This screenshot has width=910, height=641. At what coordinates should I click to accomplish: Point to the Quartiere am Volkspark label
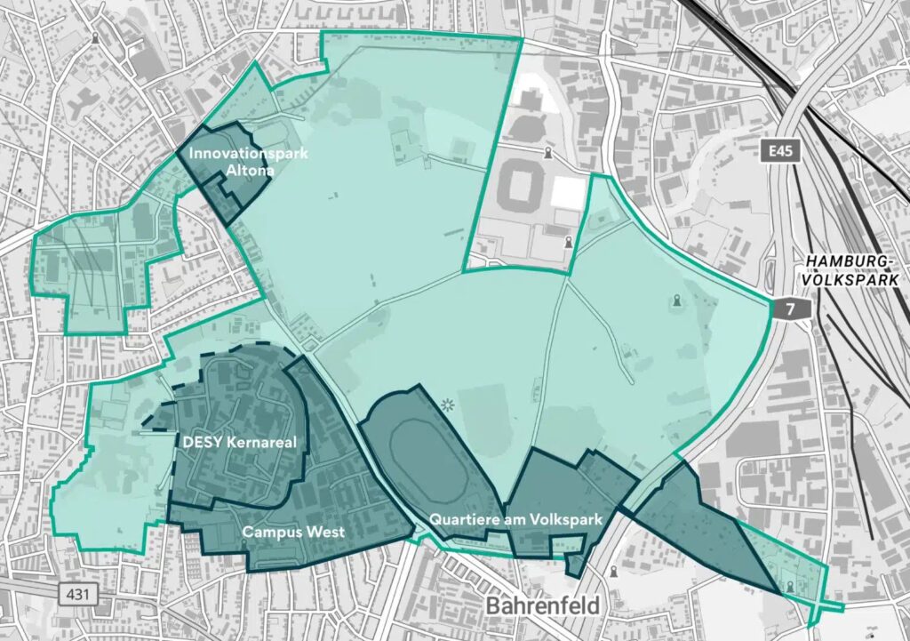[515, 519]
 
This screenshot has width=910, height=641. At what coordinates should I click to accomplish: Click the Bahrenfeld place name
[542, 606]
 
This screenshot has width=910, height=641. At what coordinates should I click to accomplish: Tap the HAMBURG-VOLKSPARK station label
[852, 269]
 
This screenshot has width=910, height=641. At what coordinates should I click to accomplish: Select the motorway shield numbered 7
[786, 309]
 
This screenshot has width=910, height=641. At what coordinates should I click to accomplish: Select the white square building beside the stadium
[570, 192]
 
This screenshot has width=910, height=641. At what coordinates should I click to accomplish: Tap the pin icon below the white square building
[568, 241]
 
